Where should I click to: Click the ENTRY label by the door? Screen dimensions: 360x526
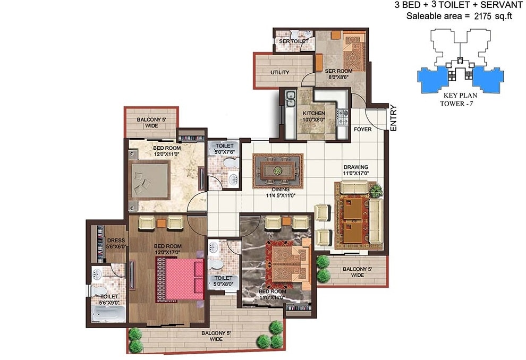coord(393,118)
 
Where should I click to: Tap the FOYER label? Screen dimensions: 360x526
coord(362,129)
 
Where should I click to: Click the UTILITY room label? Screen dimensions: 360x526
coord(279,72)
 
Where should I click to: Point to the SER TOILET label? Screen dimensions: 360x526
coord(290,41)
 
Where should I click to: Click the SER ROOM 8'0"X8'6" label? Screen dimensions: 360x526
coord(338,74)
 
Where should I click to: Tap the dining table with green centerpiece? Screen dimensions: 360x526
coord(277,170)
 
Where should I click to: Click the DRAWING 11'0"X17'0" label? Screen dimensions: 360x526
coord(355,170)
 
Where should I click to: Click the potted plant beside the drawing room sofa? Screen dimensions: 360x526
coord(375,189)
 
